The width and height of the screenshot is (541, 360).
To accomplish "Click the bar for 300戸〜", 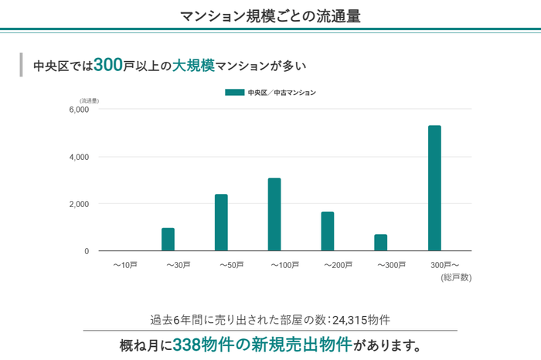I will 434,188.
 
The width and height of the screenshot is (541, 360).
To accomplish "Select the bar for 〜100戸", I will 274,214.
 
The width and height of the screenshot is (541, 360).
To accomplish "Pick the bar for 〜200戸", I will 328,231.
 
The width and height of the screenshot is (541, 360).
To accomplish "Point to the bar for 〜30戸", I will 168,239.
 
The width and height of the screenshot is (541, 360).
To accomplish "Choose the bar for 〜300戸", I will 381,243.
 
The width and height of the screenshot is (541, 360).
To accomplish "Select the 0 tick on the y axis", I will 87,251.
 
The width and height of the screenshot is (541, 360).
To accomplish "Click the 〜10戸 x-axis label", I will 125,266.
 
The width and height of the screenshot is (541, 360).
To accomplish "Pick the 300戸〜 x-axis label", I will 444,266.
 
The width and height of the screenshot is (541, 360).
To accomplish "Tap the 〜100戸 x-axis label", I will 285,266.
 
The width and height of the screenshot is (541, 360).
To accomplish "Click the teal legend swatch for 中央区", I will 235,93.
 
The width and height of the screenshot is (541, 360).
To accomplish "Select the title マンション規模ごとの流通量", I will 270,15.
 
